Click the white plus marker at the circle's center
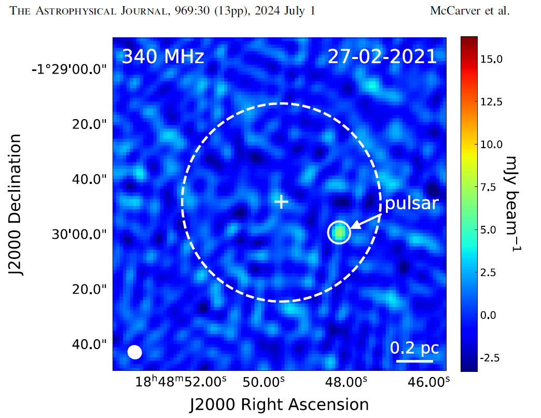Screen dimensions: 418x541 point(281,201)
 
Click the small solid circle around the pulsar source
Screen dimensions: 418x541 point(339,233)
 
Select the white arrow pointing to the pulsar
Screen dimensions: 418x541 point(367,221)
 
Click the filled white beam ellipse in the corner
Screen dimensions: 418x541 point(135,352)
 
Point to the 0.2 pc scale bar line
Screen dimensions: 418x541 point(414,361)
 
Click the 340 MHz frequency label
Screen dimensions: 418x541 point(163,57)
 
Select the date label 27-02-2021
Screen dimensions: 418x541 point(382,57)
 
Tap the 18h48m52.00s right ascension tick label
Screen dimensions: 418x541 point(181,382)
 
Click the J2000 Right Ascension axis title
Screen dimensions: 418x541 point(280,405)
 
